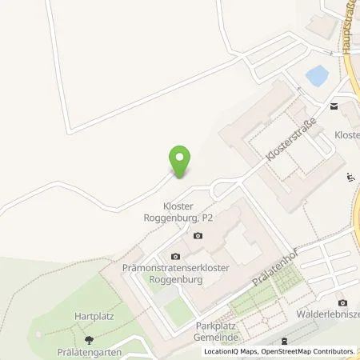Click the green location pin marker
(x=181, y=161)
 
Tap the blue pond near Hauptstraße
(x=317, y=76)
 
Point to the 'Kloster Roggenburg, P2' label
(x=190, y=210)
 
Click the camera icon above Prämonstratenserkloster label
(x=176, y=256)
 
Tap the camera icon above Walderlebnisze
(x=342, y=302)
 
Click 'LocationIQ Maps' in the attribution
(x=230, y=351)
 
